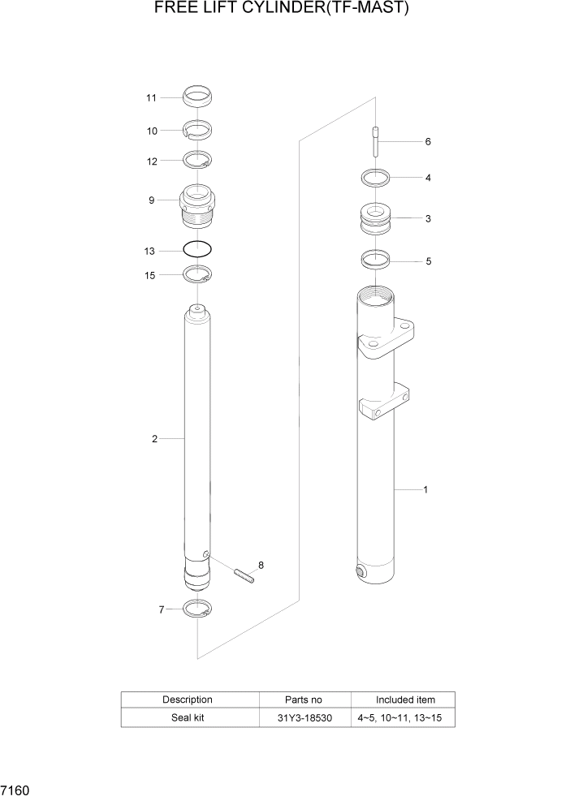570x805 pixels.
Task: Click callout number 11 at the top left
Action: tap(151, 98)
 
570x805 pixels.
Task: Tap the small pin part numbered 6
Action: tap(376, 142)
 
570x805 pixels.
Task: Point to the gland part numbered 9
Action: tap(197, 206)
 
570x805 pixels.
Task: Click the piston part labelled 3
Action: tap(375, 220)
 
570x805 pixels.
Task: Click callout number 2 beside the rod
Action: tap(153, 439)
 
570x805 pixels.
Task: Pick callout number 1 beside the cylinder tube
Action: tap(425, 490)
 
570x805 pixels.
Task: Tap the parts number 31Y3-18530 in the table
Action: tap(304, 718)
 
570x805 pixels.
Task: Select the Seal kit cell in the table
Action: tap(188, 718)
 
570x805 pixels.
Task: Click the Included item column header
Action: tap(404, 700)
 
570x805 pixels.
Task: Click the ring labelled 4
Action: tap(375, 177)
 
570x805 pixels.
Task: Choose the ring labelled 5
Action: tap(375, 261)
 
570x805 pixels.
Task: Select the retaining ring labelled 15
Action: tap(197, 276)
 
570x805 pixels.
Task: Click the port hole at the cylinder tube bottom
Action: tap(361, 573)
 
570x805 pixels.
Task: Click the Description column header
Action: tap(188, 700)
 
